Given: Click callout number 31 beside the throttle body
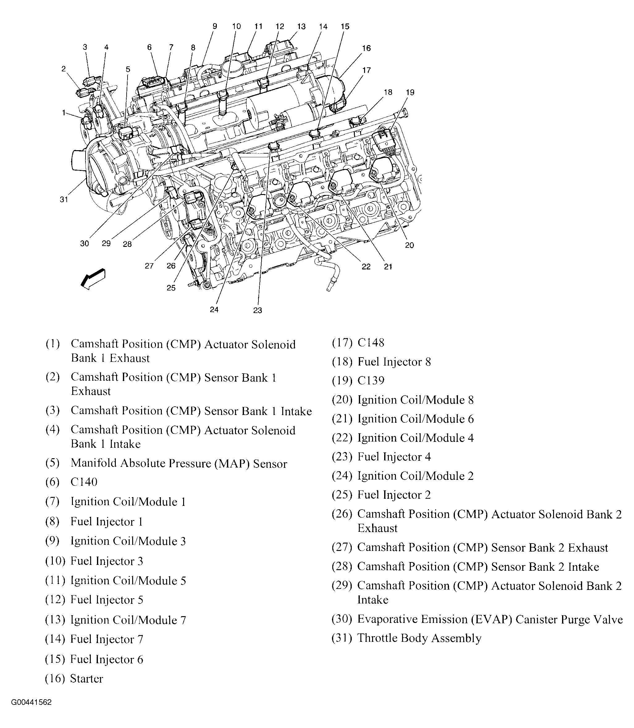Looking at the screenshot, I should tap(64, 200).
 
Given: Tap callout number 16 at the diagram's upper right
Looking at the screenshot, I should tap(366, 48).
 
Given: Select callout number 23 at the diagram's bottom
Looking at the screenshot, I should tap(258, 310).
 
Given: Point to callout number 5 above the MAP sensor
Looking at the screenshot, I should tap(128, 69).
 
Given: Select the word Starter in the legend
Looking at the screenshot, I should tap(87, 679).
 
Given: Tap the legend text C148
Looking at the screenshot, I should tap(371, 343).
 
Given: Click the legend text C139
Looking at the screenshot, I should tap(371, 380).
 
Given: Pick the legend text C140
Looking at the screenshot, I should tap(84, 482).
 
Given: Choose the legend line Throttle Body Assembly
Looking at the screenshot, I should tap(419, 638).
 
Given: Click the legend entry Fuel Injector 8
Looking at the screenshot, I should tap(394, 362).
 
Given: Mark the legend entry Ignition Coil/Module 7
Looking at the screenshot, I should tap(128, 620).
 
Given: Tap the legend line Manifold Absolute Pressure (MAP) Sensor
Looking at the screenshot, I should tap(179, 463).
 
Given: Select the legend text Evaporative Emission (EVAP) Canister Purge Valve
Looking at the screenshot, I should tap(490, 619).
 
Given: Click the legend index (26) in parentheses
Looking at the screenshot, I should tap(342, 514).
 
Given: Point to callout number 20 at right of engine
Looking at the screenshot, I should tap(409, 245).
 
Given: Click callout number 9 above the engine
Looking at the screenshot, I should tap(215, 26).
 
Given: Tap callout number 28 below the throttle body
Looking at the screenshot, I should tap(127, 244).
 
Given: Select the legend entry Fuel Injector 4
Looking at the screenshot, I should tap(394, 457).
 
